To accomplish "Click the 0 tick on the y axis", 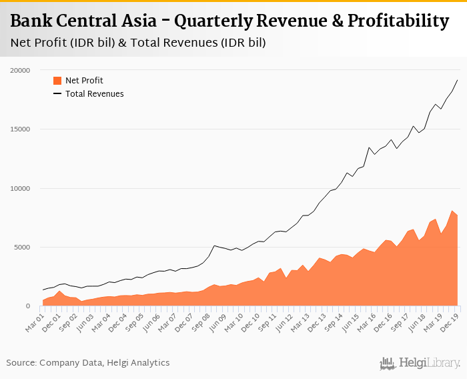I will point(27,306).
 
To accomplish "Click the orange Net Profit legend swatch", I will point(57,81).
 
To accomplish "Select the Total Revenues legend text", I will point(94,94).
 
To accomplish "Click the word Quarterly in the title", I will point(211,21).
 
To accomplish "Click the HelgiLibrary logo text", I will point(430,363).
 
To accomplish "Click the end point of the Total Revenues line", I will point(457,80).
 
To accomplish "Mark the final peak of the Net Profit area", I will point(452,211).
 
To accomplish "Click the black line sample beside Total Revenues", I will point(57,94).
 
